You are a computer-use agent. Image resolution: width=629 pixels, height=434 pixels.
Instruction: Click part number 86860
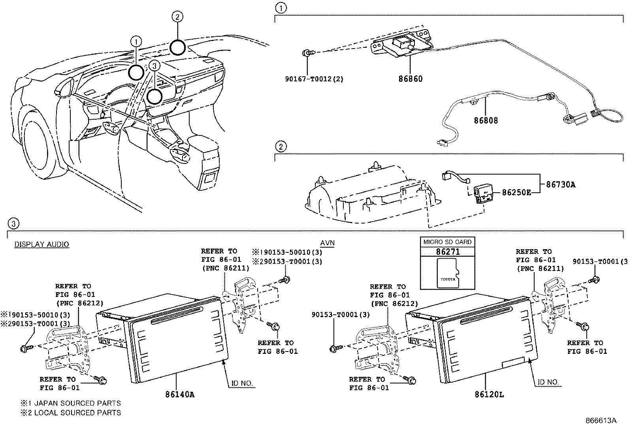click(410, 79)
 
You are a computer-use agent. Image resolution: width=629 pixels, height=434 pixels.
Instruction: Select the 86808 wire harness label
click(486, 120)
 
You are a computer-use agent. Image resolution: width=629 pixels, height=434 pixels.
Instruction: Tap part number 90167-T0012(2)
click(314, 79)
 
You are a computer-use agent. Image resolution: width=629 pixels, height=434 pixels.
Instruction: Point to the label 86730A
click(561, 184)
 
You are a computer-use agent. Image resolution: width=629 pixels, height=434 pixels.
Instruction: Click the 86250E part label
click(516, 192)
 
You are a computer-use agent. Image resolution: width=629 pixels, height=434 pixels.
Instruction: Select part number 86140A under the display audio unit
click(179, 394)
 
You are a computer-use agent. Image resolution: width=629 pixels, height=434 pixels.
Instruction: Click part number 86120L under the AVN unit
click(489, 394)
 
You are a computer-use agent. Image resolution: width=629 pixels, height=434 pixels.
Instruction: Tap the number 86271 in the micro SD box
click(448, 252)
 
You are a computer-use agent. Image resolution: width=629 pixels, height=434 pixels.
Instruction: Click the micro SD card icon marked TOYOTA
click(448, 272)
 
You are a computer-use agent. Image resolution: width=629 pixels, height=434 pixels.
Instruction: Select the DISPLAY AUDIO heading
click(41, 244)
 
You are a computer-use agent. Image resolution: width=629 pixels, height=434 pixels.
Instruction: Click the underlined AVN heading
click(327, 243)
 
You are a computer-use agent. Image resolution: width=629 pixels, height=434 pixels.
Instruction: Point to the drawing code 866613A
click(601, 421)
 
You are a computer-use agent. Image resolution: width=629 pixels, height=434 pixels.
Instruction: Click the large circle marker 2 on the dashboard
click(177, 47)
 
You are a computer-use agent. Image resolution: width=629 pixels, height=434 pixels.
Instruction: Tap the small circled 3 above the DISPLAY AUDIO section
click(13, 224)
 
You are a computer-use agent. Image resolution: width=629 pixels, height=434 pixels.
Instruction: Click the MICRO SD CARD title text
click(447, 242)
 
